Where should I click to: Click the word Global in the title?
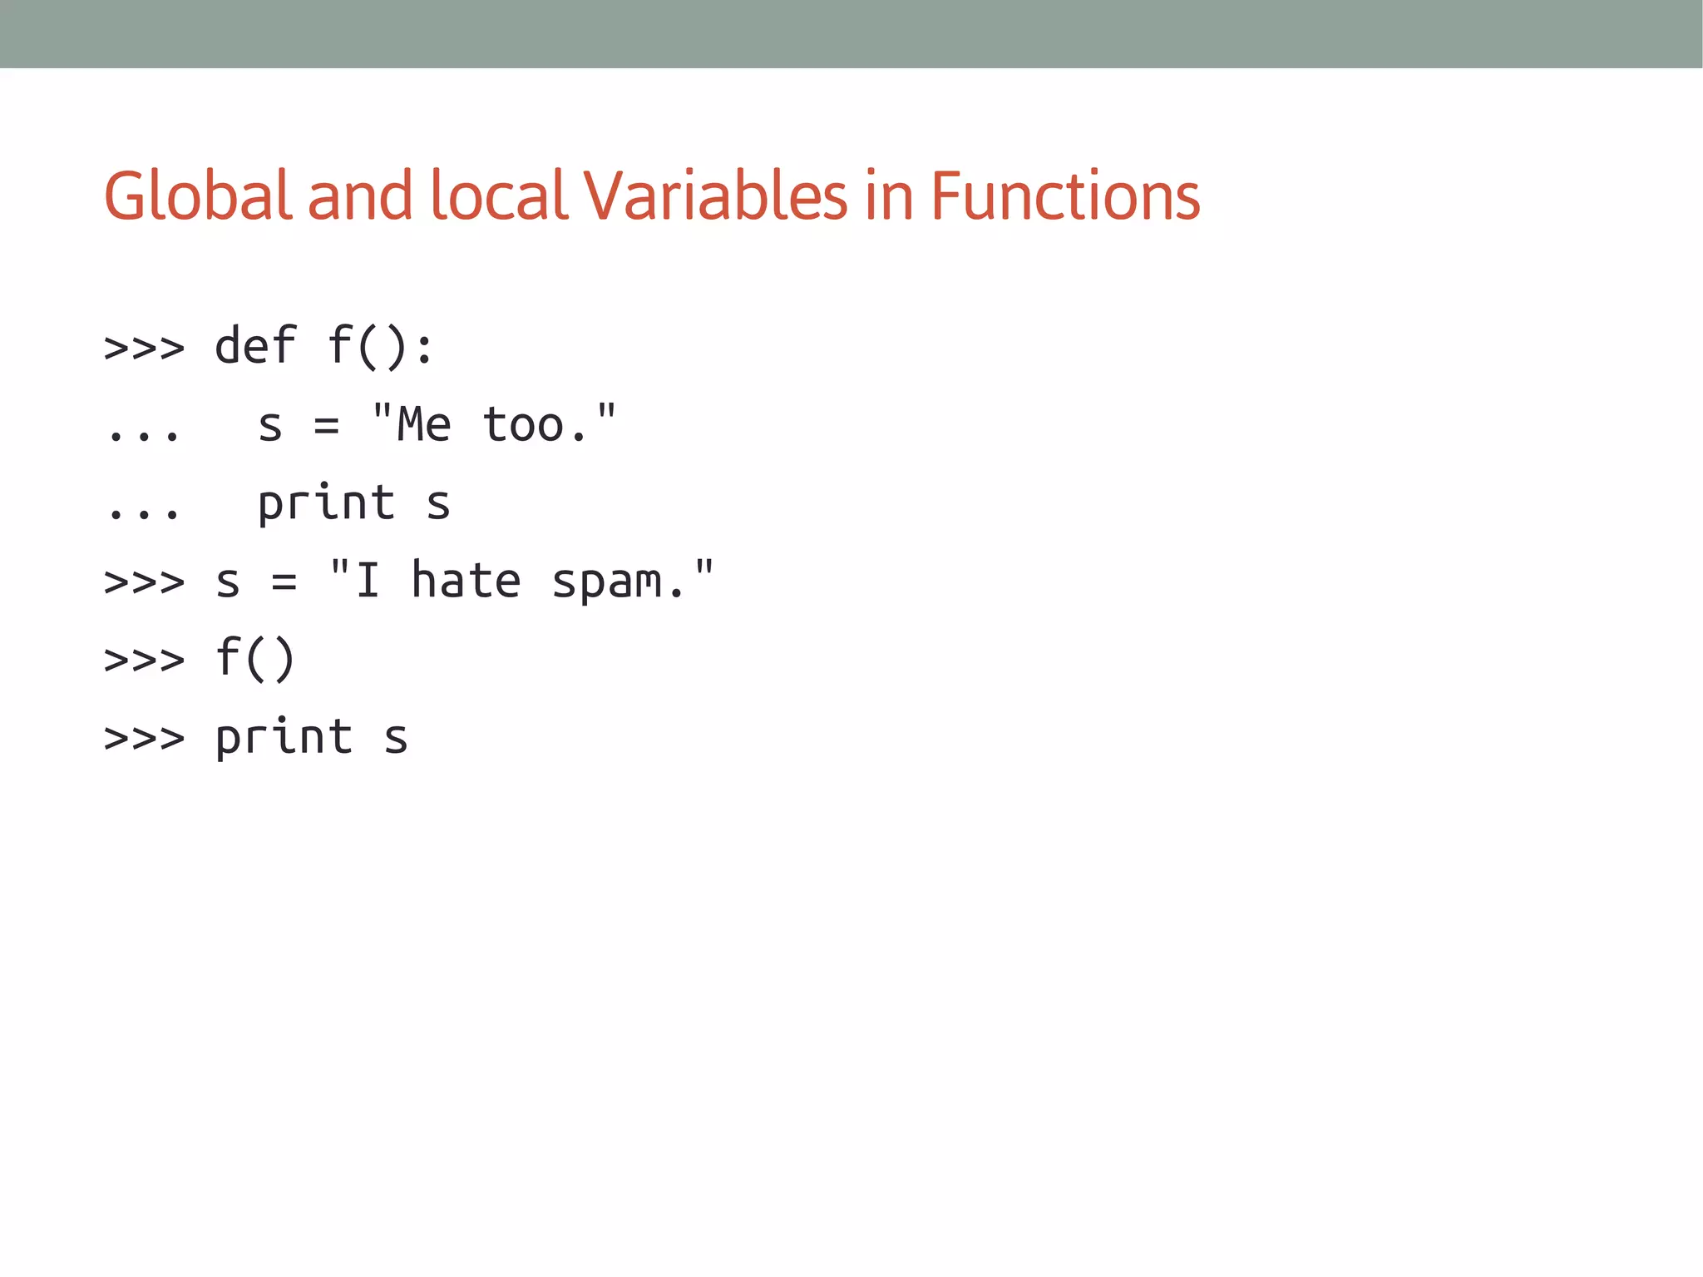click(x=198, y=196)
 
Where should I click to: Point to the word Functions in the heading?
click(x=1065, y=196)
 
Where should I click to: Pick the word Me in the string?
click(x=423, y=424)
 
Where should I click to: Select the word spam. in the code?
click(x=619, y=582)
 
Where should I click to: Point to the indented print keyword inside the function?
click(x=326, y=503)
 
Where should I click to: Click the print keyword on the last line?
click(x=284, y=738)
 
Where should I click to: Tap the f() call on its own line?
click(x=255, y=658)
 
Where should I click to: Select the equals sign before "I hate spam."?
click(x=284, y=583)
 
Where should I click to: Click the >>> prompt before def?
click(x=144, y=348)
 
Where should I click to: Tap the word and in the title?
click(x=360, y=196)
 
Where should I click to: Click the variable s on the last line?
click(x=396, y=740)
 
